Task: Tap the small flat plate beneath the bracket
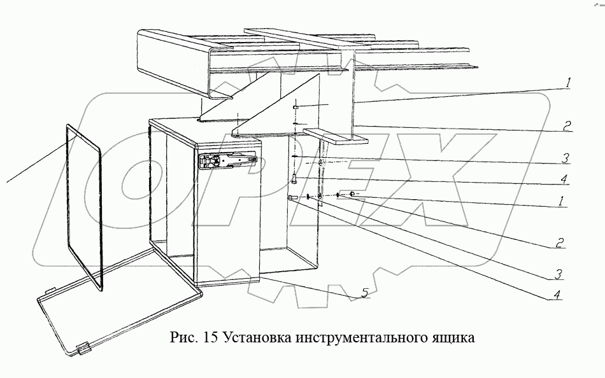(x=336, y=135)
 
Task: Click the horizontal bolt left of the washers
(x=294, y=199)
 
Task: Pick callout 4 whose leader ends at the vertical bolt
(x=564, y=179)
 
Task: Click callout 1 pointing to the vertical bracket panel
(x=567, y=82)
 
